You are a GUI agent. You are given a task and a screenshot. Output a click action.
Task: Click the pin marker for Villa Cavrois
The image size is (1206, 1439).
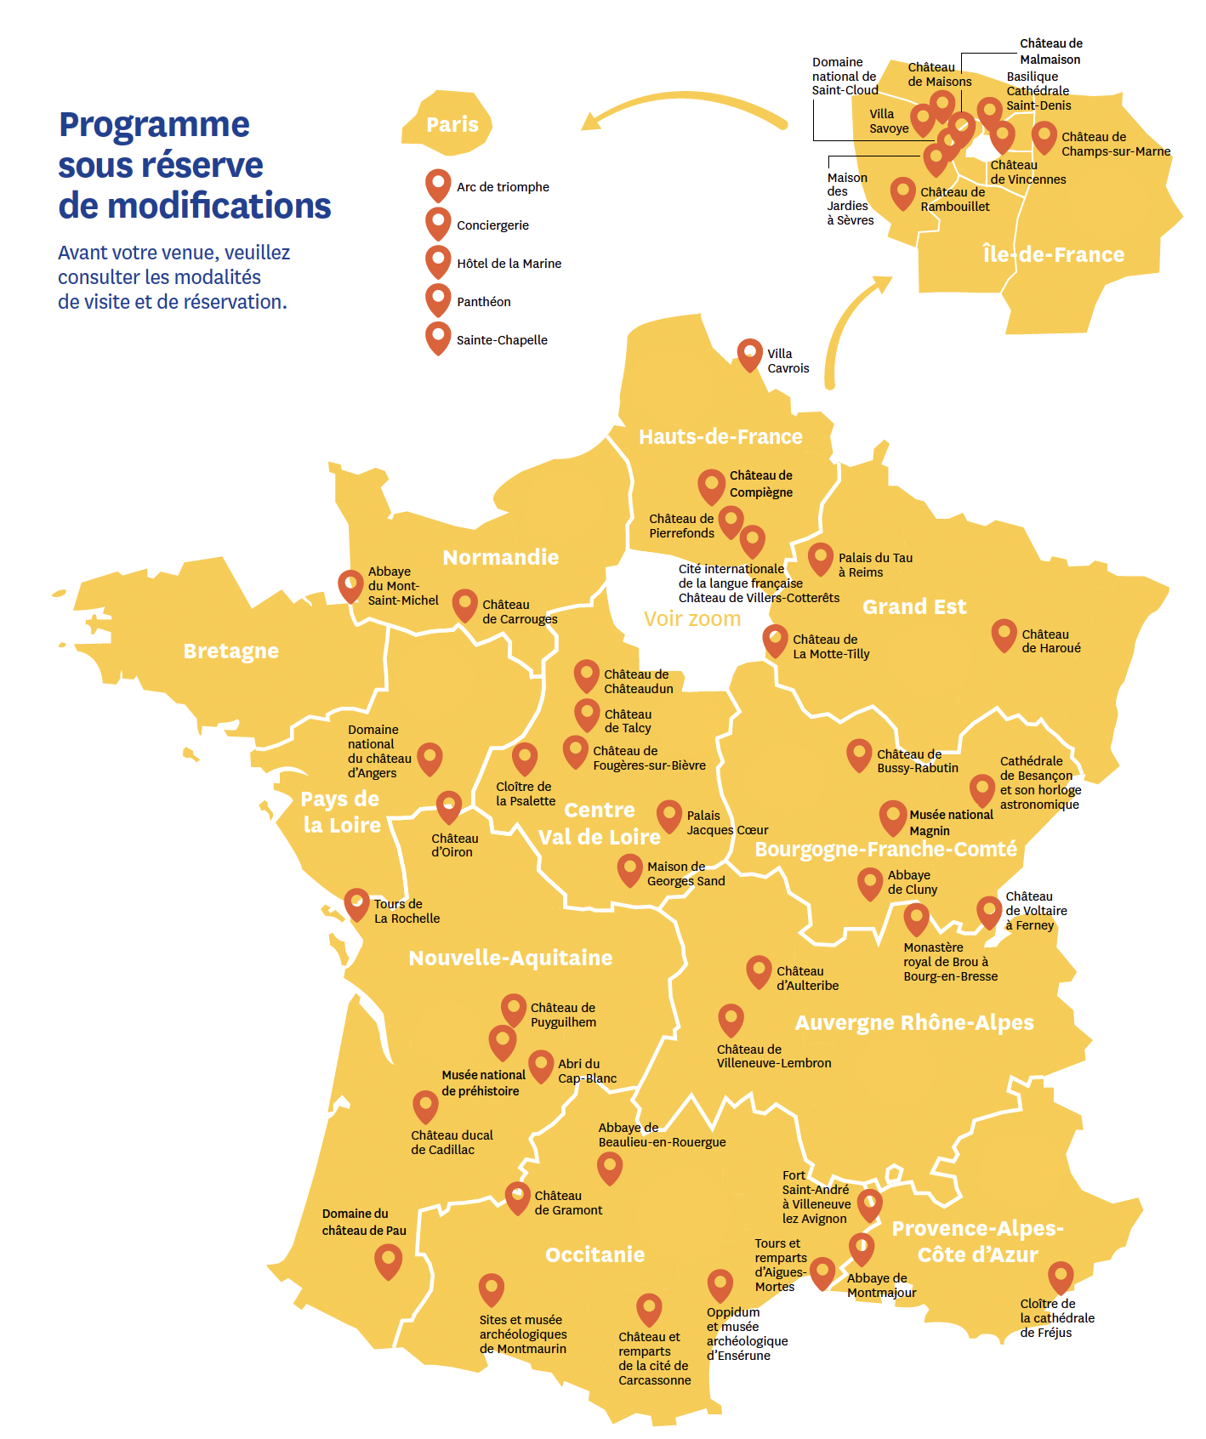[749, 354]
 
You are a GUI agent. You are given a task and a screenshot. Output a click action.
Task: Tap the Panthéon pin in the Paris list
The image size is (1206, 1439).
[438, 299]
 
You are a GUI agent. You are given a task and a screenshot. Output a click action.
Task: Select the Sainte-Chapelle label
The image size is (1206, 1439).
[502, 340]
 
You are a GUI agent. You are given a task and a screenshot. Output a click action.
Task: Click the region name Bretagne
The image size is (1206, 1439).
[231, 651]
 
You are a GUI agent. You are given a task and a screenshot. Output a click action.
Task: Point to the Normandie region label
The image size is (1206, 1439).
[501, 557]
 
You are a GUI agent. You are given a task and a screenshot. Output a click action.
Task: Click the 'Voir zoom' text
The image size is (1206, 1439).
[691, 619]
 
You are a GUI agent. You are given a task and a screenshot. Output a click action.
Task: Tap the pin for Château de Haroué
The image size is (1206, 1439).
[1004, 634]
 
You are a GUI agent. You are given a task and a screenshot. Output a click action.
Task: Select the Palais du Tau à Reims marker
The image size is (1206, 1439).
[820, 558]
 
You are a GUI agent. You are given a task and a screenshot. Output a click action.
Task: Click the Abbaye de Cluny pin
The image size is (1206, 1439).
[869, 883]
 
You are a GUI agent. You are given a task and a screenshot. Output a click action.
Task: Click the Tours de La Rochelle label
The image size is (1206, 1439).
[407, 911]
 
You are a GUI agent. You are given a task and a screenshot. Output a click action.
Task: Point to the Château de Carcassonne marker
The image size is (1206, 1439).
[649, 1309]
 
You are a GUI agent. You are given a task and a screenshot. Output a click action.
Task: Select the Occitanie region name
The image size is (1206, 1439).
[594, 1254]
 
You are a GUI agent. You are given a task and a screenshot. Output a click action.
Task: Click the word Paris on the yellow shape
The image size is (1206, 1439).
[452, 125]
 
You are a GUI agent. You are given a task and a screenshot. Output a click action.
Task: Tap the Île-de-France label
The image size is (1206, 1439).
[1053, 254]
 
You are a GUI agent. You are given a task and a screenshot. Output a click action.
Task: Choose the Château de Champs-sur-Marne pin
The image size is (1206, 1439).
[1044, 136]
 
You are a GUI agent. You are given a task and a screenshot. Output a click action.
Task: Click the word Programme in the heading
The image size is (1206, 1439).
[154, 124]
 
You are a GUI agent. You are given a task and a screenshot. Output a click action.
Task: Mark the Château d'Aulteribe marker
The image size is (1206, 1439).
[759, 970]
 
